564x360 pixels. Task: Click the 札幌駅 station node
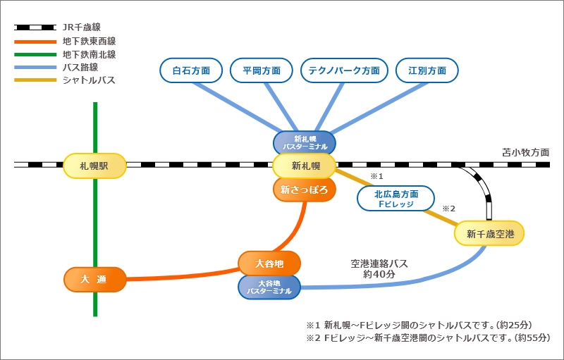[94, 166]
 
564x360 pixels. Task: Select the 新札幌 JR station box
[305, 166]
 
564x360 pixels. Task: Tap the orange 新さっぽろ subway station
[305, 189]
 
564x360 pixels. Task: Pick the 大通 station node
[94, 279]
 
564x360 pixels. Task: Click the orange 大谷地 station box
[269, 263]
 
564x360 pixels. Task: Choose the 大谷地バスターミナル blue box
[269, 287]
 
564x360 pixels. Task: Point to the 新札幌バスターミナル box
[305, 143]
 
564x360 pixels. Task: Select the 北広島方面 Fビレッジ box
[396, 199]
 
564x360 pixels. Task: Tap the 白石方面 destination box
[190, 70]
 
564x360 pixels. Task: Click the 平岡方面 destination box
[262, 70]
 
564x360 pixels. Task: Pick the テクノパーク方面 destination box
[345, 70]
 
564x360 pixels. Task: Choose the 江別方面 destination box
[427, 70]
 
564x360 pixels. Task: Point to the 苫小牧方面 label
[525, 151]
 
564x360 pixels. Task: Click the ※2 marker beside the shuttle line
[449, 209]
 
